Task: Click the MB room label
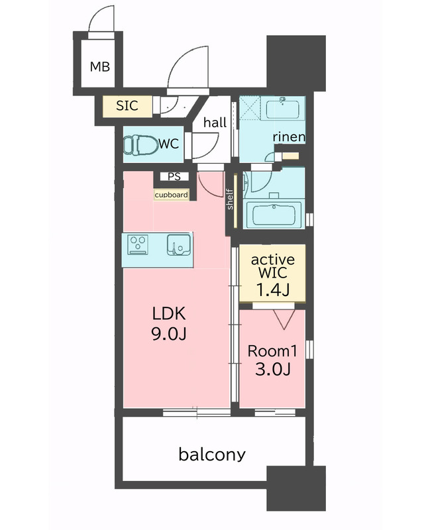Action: tap(100, 67)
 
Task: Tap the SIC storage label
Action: tap(127, 106)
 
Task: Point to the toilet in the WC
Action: tap(140, 145)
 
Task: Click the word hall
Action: tap(215, 122)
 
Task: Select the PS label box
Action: tap(174, 176)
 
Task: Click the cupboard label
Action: tap(171, 195)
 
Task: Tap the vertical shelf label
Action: tap(231, 199)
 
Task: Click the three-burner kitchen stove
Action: tap(138, 244)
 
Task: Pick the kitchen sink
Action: tap(178, 244)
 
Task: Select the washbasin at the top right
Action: tap(282, 108)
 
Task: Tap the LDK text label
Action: tap(169, 313)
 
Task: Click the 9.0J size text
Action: tap(169, 334)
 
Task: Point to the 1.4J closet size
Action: tap(273, 290)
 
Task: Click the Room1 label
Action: tap(272, 351)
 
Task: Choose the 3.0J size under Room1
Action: tap(273, 369)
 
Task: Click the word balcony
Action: tap(212, 454)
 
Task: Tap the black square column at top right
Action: tap(296, 63)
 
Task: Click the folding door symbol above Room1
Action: tap(284, 319)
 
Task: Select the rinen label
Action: tap(289, 136)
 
